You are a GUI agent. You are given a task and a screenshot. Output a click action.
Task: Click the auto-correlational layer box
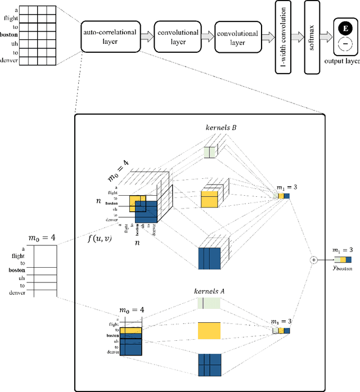coord(110,38)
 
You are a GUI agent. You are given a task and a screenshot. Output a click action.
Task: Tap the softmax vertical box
coord(314,37)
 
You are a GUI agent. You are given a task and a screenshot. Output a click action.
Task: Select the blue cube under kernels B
coord(209,258)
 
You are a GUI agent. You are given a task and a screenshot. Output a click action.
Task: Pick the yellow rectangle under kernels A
coord(209,331)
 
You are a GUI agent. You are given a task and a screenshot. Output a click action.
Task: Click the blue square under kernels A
coord(209,364)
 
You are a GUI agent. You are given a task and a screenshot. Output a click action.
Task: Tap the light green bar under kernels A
coord(209,304)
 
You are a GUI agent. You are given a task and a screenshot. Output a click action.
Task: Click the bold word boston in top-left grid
coord(10,35)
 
